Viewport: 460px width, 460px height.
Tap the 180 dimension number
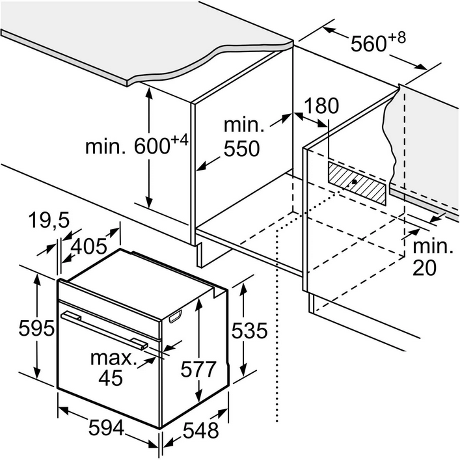tap(321, 105)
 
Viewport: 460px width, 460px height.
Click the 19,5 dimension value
tap(49, 221)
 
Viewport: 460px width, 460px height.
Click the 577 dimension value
tap(197, 370)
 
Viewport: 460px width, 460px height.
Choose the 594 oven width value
tap(106, 427)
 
